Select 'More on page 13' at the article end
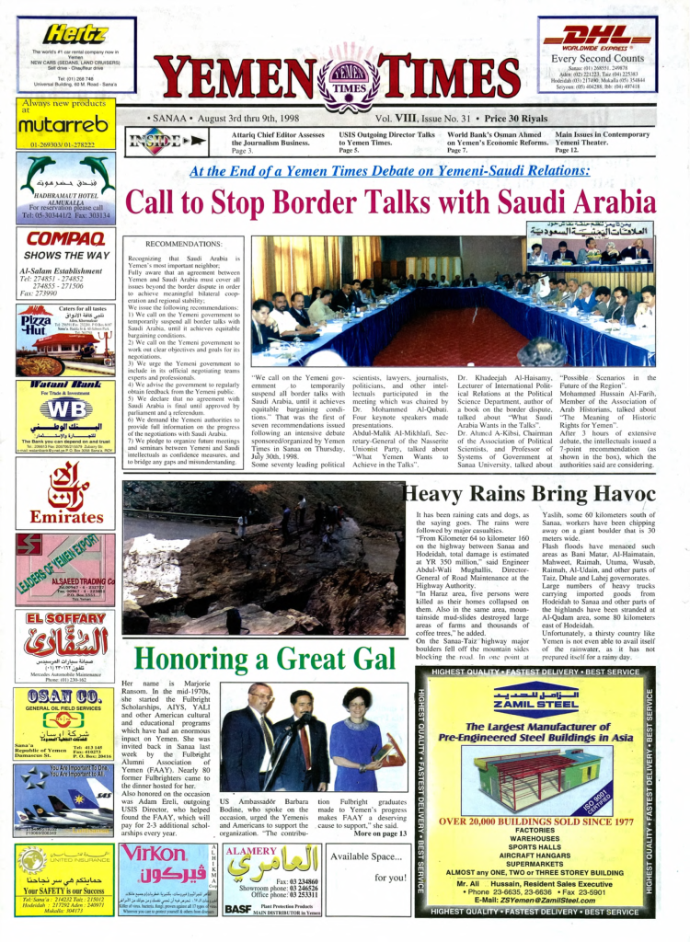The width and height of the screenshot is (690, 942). tap(380, 833)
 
